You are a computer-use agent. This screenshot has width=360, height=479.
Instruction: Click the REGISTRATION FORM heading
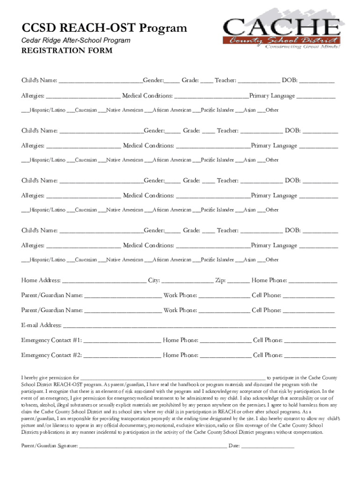pos(67,51)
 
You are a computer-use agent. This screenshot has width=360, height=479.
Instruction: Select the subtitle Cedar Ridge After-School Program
pos(76,40)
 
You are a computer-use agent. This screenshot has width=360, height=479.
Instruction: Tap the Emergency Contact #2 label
pos(52,355)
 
